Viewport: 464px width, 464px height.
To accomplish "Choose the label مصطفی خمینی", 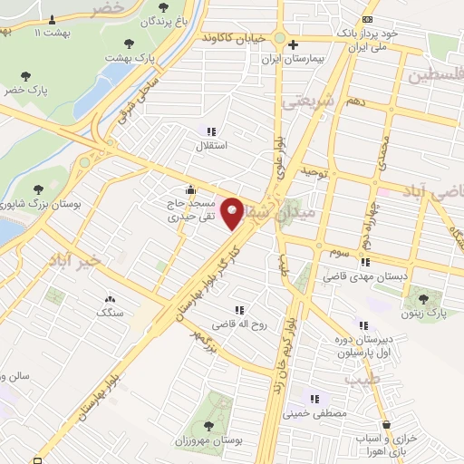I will coord(314,412).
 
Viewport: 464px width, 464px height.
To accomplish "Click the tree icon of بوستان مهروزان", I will coord(208,425).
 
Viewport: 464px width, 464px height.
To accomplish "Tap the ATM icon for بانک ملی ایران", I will coord(366,19).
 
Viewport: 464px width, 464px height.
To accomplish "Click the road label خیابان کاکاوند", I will coord(245,39).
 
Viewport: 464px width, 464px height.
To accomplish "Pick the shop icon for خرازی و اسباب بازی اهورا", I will coord(387,424).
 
